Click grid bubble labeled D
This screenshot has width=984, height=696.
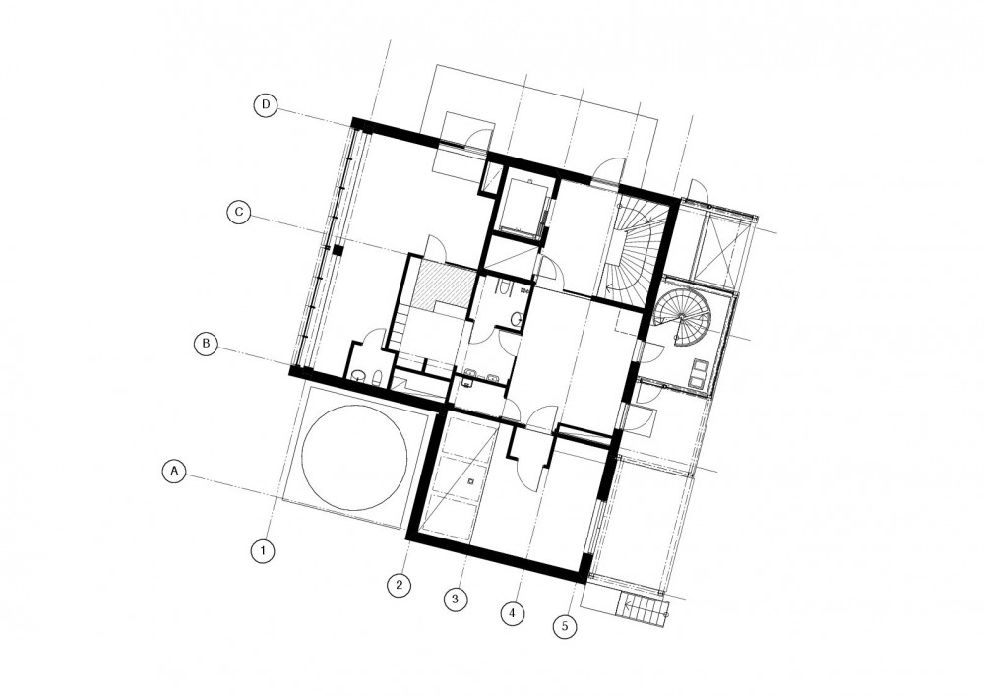[266, 104]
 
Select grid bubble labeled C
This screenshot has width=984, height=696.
[239, 212]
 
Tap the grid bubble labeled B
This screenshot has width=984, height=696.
[206, 344]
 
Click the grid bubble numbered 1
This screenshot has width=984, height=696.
[263, 551]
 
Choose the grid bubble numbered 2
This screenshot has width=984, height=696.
[399, 586]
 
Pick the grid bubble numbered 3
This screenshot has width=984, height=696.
[455, 599]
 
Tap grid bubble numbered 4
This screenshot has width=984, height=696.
[513, 613]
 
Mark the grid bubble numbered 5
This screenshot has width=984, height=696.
[566, 626]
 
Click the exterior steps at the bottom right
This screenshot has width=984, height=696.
[643, 608]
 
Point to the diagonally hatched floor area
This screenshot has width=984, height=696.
[446, 285]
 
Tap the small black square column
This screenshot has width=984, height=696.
[337, 250]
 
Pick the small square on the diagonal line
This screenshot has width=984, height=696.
[471, 482]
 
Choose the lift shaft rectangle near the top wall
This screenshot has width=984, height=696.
[522, 205]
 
